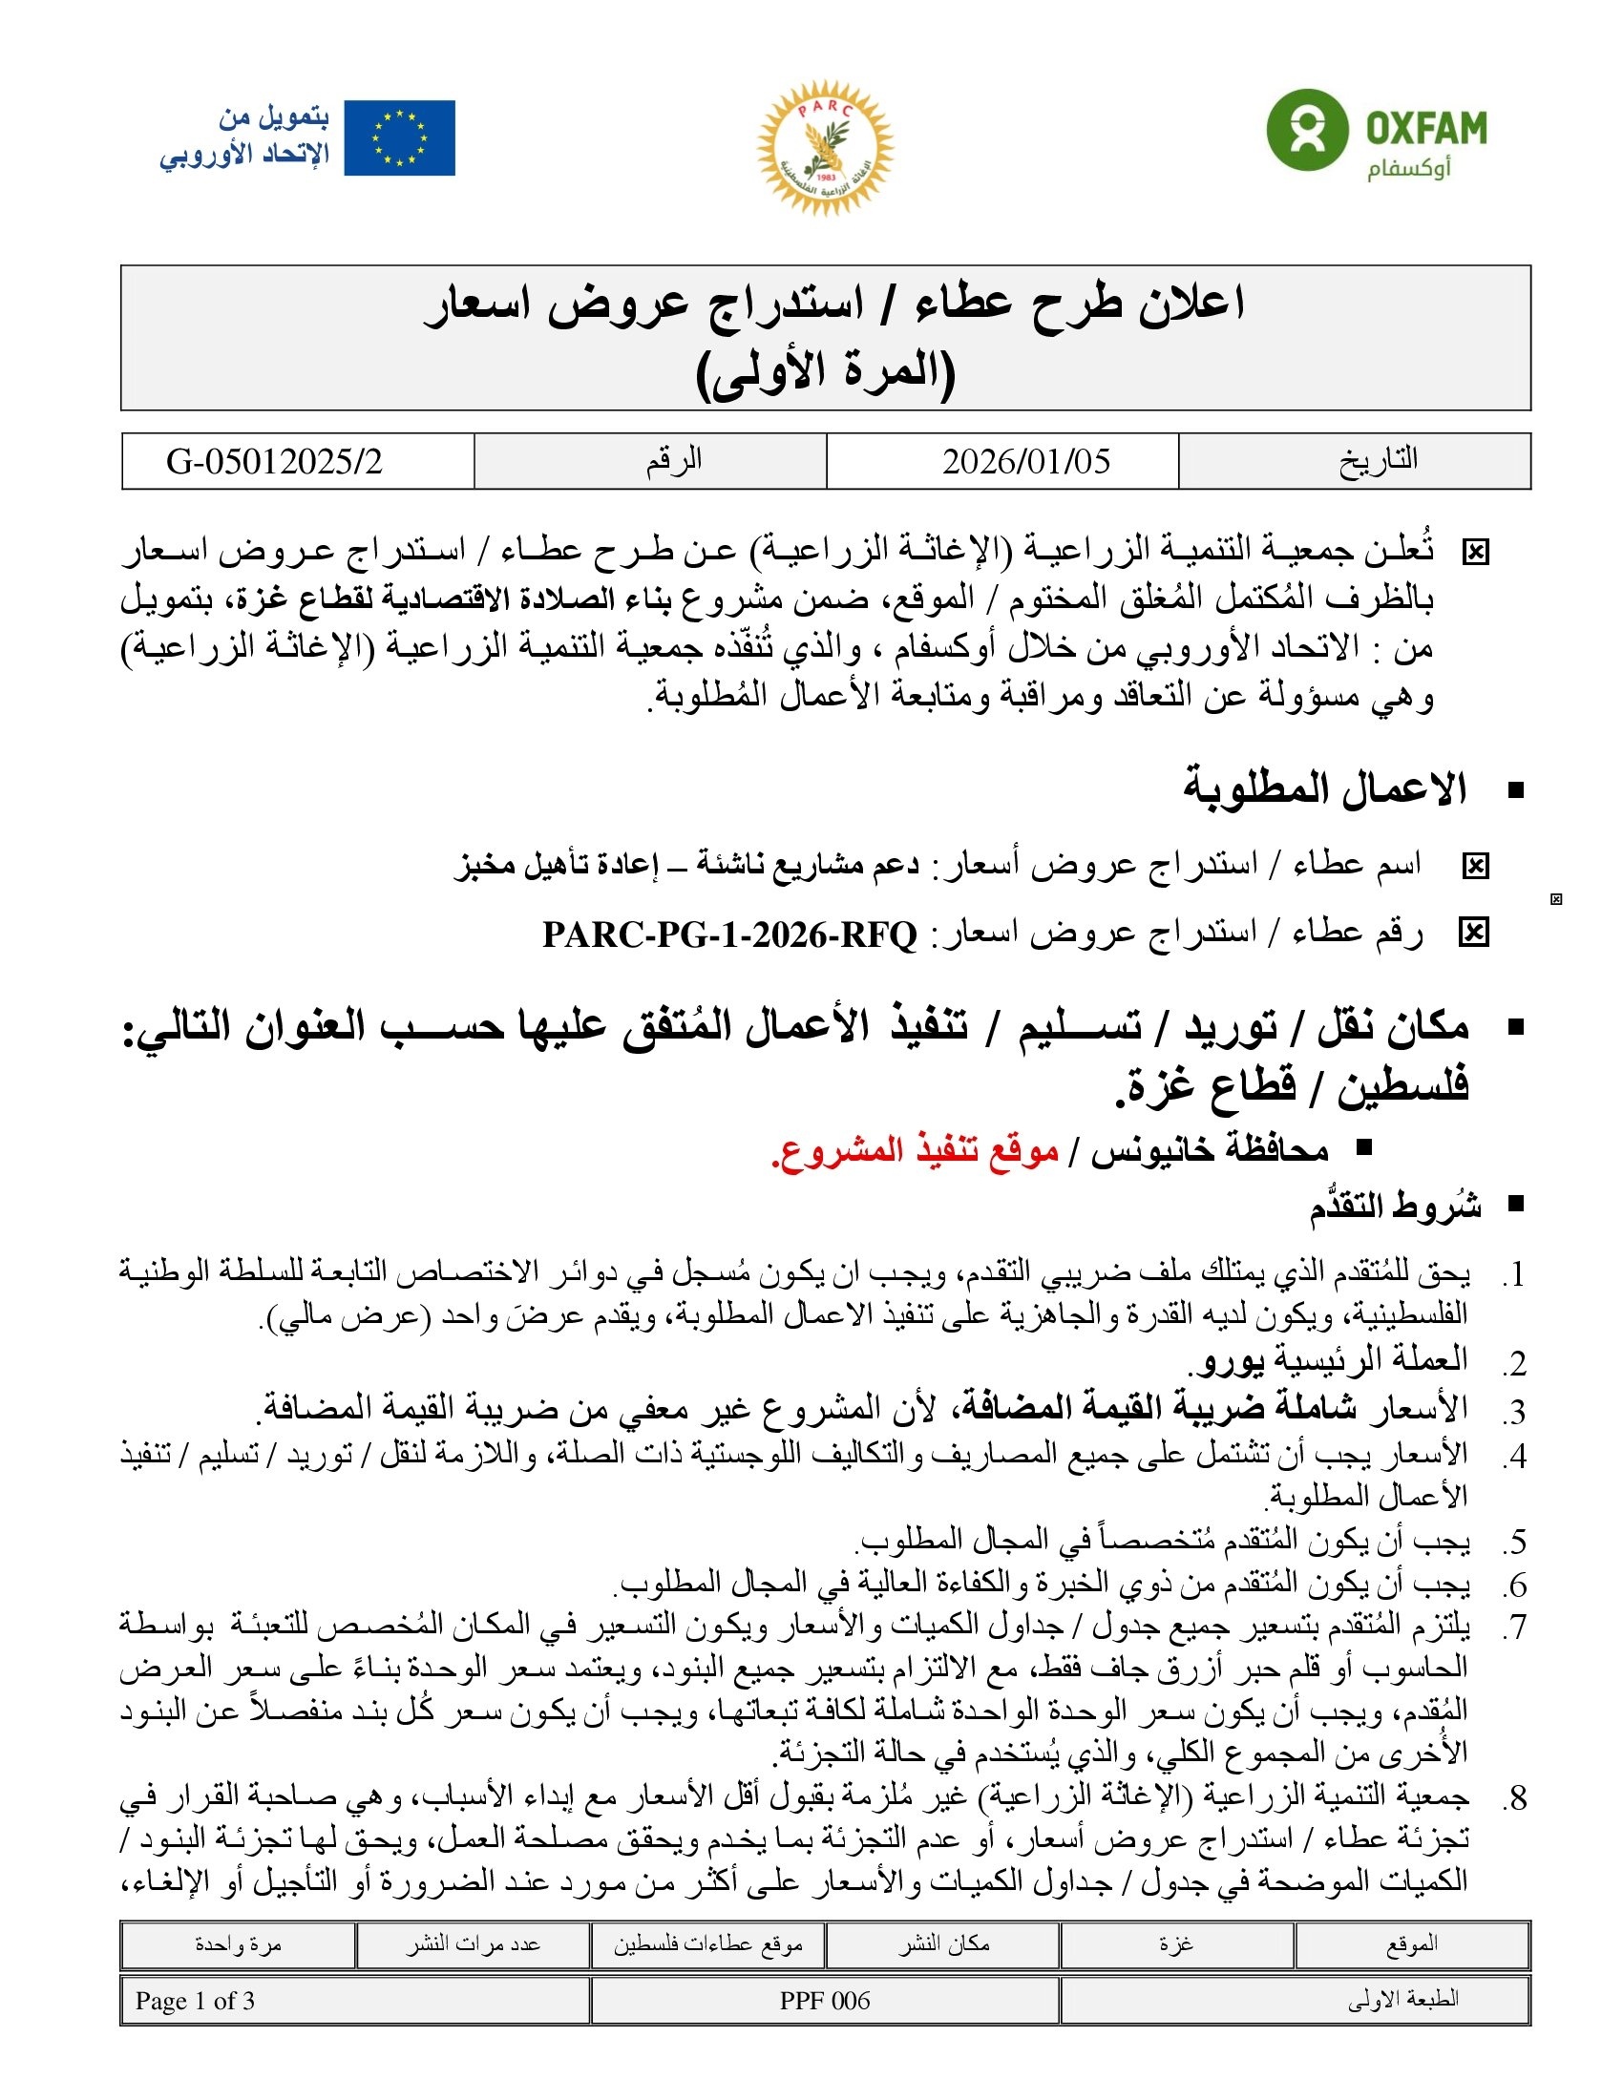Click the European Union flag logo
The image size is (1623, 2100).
click(399, 137)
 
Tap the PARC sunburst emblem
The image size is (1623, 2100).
click(825, 146)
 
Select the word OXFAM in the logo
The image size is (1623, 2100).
click(1426, 128)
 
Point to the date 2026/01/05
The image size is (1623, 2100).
click(1026, 462)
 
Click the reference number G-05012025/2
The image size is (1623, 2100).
click(274, 462)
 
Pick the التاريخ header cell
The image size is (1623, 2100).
click(1378, 460)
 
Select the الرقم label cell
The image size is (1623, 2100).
click(673, 460)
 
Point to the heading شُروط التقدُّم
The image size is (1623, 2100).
click(1394, 1207)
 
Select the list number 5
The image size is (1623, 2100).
click(1516, 1543)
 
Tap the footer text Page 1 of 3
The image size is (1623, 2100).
click(195, 2001)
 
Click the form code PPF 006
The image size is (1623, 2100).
click(824, 2001)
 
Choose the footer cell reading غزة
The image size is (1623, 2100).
click(1176, 1944)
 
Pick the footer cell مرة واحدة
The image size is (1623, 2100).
click(238, 1944)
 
